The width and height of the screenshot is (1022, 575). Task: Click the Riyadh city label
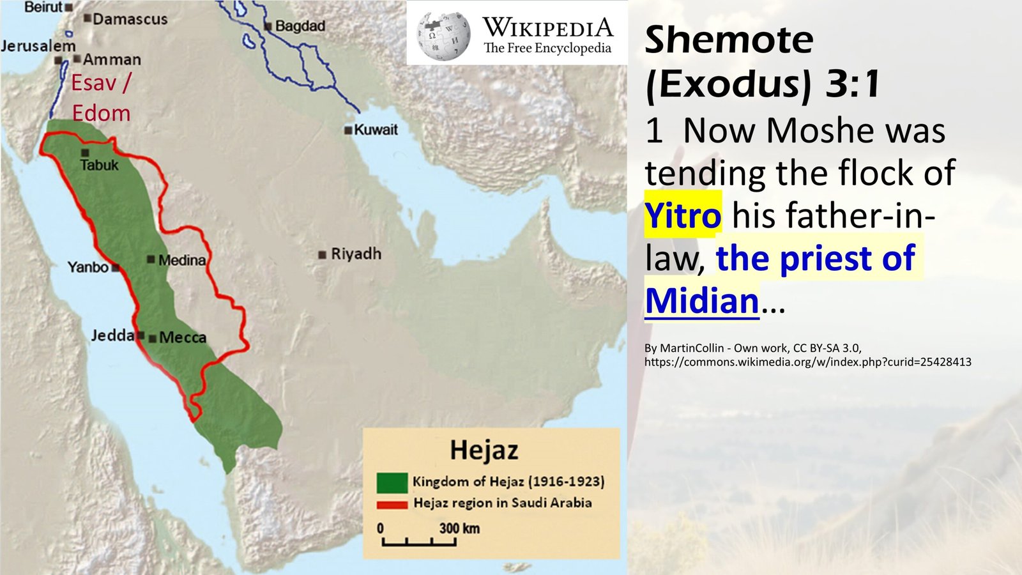point(356,254)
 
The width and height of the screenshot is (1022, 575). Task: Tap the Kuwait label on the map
point(376,130)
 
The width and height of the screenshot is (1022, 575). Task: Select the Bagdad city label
point(300,26)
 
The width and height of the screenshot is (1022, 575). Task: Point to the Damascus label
point(130,19)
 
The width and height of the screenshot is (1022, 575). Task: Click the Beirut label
point(43,7)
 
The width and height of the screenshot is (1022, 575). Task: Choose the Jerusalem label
point(38,46)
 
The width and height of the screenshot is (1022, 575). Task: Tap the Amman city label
point(112,59)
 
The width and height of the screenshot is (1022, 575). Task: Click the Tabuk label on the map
point(100,165)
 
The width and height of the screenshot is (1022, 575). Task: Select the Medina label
point(182,260)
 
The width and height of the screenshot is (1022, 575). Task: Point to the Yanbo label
point(88,267)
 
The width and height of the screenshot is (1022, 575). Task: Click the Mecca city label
point(183,337)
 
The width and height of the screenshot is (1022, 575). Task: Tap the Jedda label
point(112,335)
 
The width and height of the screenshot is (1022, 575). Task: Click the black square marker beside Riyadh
point(322,255)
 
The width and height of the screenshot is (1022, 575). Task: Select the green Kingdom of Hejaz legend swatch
point(392,482)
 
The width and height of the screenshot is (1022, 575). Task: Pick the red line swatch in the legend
point(392,505)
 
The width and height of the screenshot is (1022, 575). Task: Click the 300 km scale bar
point(419,542)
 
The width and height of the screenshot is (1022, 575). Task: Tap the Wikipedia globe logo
point(443,35)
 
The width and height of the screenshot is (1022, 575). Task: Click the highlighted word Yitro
point(683,215)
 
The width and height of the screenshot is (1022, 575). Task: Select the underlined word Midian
point(702,300)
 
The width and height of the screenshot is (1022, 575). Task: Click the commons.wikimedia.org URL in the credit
point(807,362)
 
